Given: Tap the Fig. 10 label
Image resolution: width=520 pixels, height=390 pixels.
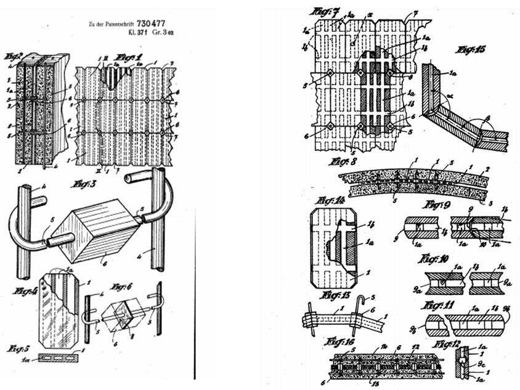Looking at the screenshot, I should [x=437, y=259].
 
